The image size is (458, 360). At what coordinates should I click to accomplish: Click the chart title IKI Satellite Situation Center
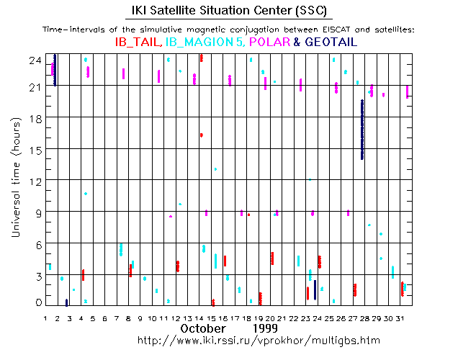(x=229, y=12)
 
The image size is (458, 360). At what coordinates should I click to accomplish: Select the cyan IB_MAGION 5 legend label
(x=204, y=42)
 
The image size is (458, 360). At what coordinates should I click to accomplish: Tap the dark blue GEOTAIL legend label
(x=331, y=42)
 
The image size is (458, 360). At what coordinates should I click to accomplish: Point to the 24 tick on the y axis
(x=35, y=60)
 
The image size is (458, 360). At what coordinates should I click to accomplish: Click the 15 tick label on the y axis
(x=35, y=149)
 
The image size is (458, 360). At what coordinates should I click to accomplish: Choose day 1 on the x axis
(x=46, y=318)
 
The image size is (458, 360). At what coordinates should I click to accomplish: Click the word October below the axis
(x=204, y=328)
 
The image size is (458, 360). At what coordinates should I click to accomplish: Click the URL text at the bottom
(x=257, y=339)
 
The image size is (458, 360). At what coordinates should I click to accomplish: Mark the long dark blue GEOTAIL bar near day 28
(x=362, y=130)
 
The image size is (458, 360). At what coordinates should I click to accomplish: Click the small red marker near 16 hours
(x=202, y=135)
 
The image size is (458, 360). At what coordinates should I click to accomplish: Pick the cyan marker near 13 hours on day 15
(x=215, y=169)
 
